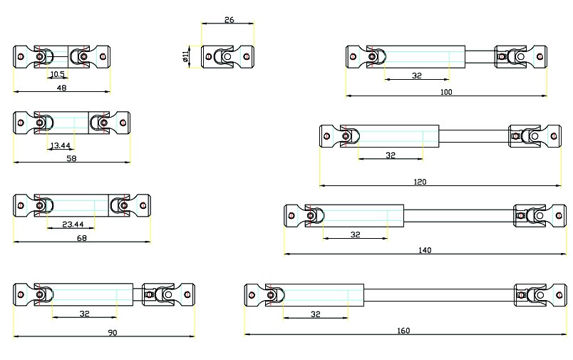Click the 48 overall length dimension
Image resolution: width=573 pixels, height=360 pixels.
61,88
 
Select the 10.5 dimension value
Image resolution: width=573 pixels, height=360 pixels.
58,74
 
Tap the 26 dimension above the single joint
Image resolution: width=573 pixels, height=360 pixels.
229,20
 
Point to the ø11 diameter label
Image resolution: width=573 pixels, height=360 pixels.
185,56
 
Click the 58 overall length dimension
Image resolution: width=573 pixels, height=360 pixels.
71,158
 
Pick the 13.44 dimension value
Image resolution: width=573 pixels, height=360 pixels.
61,145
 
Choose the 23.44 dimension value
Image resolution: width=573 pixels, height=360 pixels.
73,224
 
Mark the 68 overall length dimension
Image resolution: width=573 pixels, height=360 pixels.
82,238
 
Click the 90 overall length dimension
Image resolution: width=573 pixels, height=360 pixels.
113,333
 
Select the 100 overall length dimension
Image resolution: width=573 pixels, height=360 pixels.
446,92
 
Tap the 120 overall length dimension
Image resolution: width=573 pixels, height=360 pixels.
420,182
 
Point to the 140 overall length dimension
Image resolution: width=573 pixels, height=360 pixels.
425,250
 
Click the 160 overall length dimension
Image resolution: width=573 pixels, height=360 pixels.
403,330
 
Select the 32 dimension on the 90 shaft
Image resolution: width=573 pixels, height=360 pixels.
84,314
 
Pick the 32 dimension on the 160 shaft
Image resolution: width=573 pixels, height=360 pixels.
316,314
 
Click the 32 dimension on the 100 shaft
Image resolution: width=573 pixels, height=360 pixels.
417,76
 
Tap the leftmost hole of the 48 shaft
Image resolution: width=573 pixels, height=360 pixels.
21,56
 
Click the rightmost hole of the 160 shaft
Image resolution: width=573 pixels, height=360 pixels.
559,295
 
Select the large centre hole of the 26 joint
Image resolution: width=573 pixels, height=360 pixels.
227,56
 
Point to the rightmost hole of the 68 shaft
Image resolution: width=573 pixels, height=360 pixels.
143,205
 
